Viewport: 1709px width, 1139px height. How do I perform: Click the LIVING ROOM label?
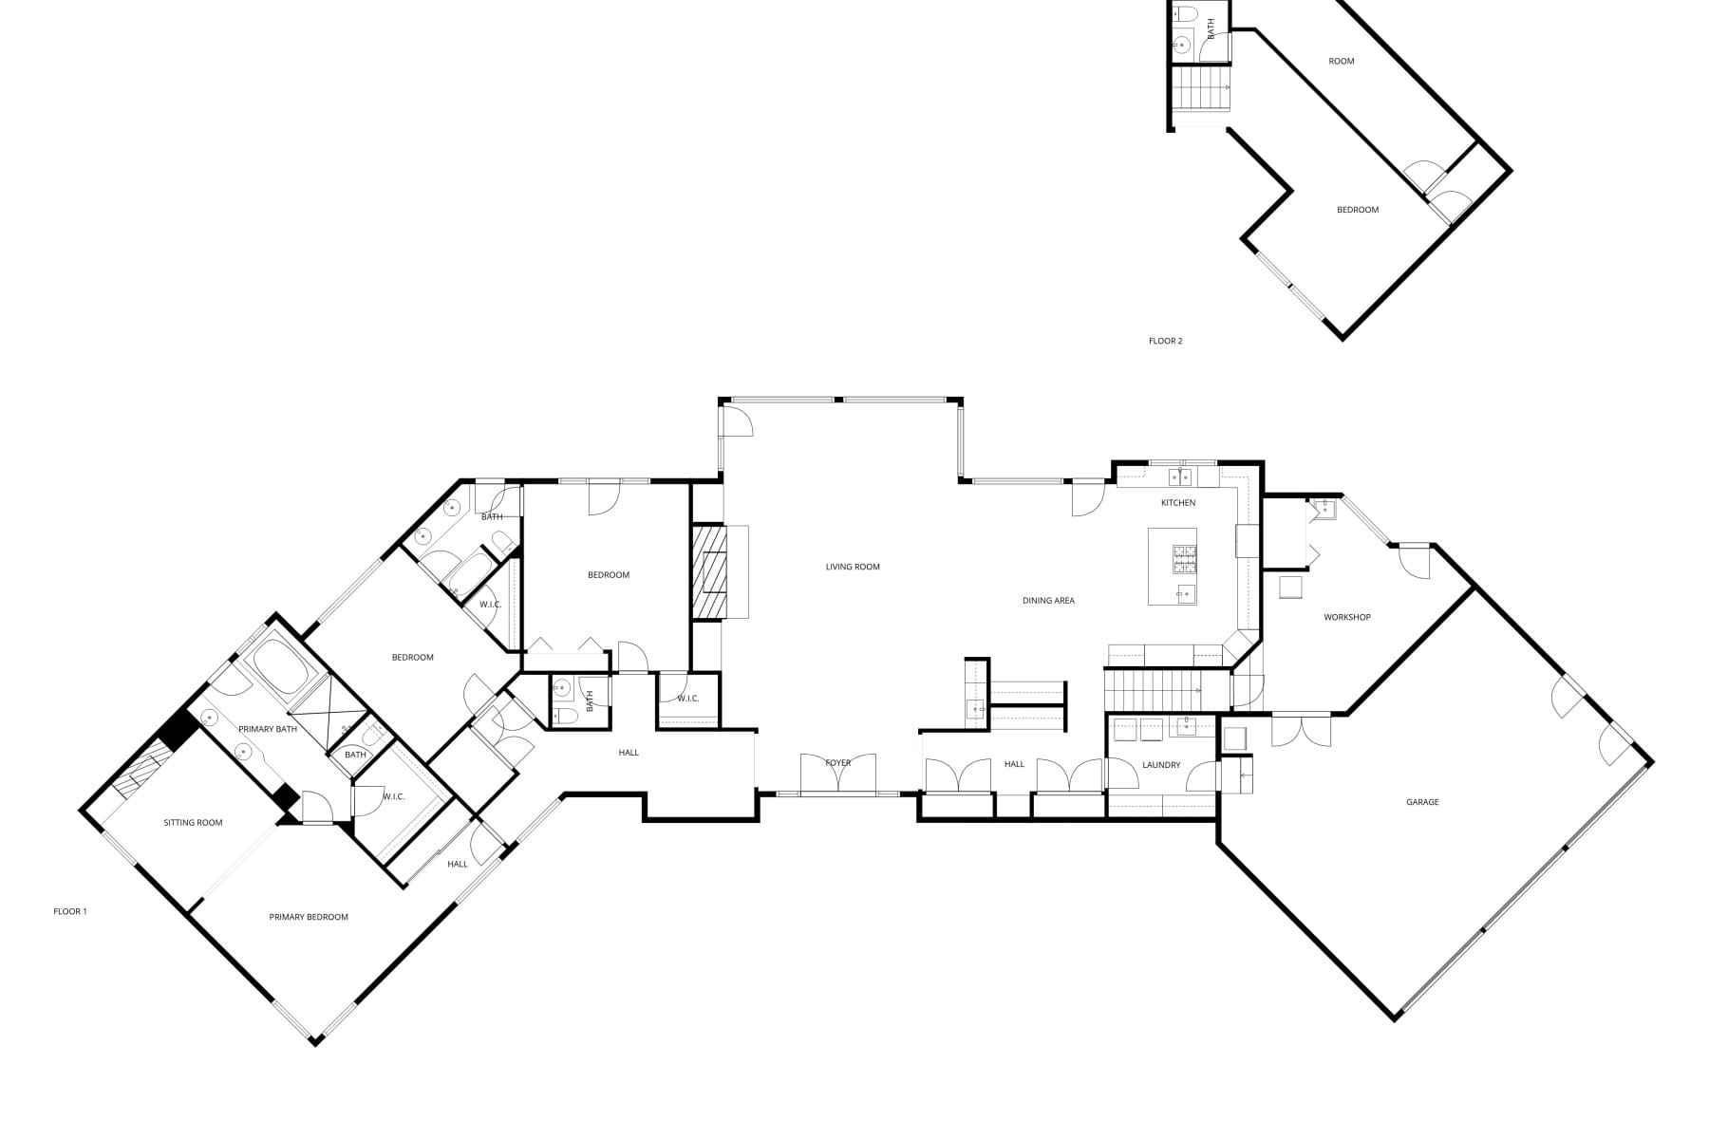(853, 567)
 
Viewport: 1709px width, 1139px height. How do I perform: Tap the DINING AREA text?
(1048, 601)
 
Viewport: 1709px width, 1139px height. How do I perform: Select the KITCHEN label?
(1178, 503)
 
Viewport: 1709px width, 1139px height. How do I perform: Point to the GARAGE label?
(1422, 802)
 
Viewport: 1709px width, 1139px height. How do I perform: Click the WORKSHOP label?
(1347, 617)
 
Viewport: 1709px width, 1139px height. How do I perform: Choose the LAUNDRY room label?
(1161, 765)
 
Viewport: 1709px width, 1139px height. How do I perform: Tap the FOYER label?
(838, 763)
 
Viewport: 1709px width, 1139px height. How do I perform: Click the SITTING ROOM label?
(193, 823)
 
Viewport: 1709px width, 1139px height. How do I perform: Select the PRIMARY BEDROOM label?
(309, 917)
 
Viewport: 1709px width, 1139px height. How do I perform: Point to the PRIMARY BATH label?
(268, 729)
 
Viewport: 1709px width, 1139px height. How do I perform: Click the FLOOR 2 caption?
(1166, 341)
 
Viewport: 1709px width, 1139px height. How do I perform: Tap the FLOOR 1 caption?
(70, 911)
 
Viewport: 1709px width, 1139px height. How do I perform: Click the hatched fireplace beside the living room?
(708, 572)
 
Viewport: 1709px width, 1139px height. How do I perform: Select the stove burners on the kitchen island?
(1185, 559)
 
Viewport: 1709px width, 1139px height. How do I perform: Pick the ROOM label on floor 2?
(1342, 62)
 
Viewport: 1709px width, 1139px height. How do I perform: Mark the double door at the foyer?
(838, 773)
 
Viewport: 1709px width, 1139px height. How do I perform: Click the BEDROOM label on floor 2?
(1358, 210)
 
